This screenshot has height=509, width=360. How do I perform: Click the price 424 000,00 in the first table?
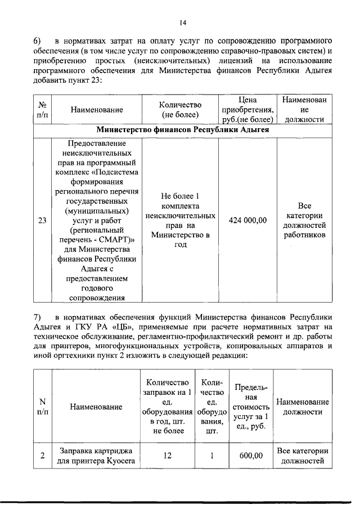point(247,220)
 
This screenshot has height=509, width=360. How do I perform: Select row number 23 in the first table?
point(42,220)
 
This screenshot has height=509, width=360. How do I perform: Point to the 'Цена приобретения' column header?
point(247,110)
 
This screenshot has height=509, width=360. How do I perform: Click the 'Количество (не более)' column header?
point(180,110)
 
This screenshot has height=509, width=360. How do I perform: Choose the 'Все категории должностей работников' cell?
point(305,220)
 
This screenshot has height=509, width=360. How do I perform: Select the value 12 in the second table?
point(167,456)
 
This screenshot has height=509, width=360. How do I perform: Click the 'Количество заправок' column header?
point(167,406)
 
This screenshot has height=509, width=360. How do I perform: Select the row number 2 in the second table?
point(42,456)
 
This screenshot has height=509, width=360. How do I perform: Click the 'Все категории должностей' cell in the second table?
point(303,456)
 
